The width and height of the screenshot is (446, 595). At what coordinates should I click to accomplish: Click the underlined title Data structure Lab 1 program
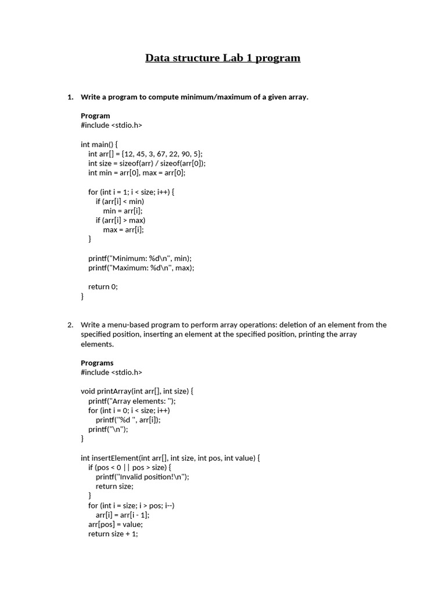click(222, 58)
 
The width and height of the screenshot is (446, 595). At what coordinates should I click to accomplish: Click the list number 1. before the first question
click(70, 96)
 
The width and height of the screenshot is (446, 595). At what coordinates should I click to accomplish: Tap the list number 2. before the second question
click(70, 325)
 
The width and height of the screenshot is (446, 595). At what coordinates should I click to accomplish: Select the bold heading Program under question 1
click(95, 116)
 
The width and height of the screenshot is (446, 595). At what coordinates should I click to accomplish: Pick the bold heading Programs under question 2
click(97, 363)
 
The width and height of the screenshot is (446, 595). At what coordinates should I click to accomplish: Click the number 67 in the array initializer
click(160, 153)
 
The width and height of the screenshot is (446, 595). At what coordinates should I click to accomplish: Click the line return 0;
click(103, 286)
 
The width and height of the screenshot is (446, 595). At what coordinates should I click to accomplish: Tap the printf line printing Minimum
click(140, 258)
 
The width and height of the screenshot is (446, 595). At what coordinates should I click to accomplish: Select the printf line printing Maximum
click(141, 268)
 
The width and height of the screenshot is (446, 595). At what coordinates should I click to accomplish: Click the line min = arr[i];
click(123, 210)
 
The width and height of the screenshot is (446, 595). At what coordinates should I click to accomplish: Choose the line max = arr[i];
click(123, 230)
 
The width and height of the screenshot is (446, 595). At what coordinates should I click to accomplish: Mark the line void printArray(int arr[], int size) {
click(137, 391)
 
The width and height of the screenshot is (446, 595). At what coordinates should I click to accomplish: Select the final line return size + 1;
click(113, 533)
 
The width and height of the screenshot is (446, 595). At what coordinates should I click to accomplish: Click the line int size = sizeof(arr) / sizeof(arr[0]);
click(147, 163)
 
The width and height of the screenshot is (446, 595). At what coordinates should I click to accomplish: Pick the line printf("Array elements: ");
click(132, 401)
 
